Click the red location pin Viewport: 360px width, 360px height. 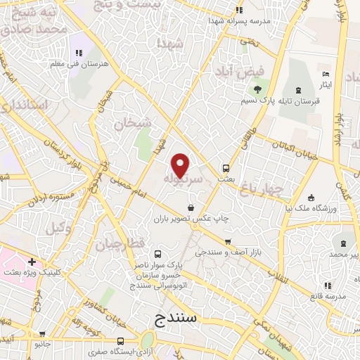click(181, 165)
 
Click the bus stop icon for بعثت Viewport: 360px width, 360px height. click(226, 169)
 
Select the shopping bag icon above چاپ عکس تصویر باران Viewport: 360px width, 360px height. click(191, 207)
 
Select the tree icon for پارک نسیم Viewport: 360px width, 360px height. click(257, 89)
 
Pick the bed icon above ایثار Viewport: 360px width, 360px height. click(325, 74)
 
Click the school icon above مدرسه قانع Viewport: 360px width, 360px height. click(328, 285)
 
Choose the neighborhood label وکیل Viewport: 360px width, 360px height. click(59, 228)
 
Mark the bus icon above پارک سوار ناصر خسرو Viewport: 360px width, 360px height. click(157, 254)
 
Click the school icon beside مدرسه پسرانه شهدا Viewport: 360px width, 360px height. click(239, 10)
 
